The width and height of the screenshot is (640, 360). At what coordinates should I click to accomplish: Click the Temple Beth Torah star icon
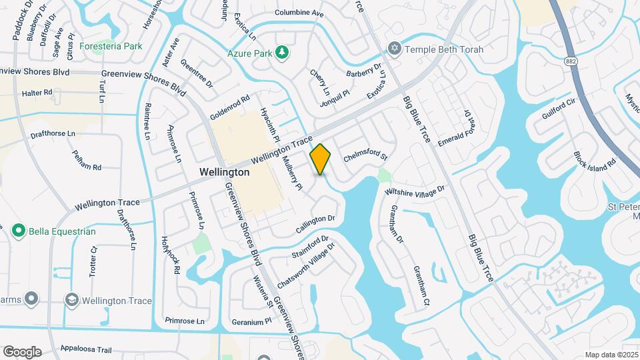tap(393, 49)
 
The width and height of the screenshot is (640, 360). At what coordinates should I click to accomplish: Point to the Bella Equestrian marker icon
tap(18, 231)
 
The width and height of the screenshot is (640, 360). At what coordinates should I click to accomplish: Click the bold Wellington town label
tap(225, 172)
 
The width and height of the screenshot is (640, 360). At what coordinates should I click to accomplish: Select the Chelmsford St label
tap(365, 158)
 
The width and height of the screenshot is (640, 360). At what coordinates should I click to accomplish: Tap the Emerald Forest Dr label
tap(459, 129)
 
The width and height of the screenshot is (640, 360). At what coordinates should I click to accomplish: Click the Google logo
tap(22, 351)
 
